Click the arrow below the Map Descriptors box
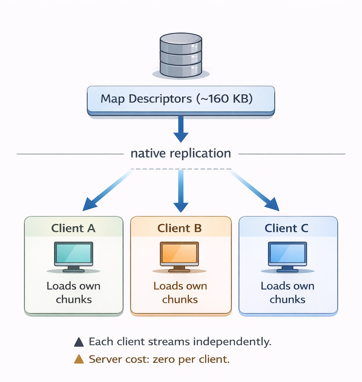point(181,129)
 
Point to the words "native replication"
point(181,153)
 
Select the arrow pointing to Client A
point(103,193)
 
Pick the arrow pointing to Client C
point(258,193)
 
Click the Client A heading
point(74,228)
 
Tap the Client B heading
point(180,228)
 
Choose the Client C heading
point(287,228)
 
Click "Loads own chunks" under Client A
point(74,293)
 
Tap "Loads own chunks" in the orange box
point(180,293)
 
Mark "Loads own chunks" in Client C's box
point(287,293)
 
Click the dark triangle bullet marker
point(79,342)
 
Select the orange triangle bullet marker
point(79,359)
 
